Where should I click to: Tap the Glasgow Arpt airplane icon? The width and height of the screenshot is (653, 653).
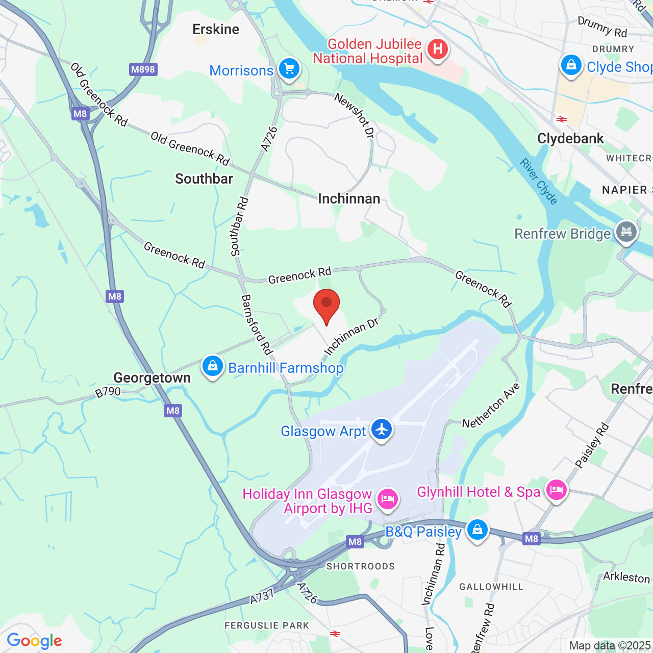(381, 430)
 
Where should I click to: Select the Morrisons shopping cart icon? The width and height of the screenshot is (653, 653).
(289, 68)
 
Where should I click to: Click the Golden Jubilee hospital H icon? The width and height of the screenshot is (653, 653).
(437, 50)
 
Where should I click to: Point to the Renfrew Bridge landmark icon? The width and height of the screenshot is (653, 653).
(626, 232)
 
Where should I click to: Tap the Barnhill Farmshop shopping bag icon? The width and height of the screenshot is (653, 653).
(213, 366)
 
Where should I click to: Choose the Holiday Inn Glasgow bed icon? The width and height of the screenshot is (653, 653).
(387, 498)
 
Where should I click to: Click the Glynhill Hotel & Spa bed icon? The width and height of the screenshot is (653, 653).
(556, 490)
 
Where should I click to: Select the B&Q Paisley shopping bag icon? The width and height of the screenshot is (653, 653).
(477, 530)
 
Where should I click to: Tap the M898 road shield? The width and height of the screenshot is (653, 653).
(143, 69)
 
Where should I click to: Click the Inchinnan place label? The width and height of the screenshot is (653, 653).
(349, 199)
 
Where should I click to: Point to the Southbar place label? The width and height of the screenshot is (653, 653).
(204, 179)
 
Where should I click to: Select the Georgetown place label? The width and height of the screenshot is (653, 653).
(152, 378)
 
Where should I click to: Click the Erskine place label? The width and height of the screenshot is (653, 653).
(216, 30)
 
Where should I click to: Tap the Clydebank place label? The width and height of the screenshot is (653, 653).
(570, 139)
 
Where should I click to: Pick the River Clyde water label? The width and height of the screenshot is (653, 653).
(538, 181)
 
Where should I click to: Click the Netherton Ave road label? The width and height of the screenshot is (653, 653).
(491, 406)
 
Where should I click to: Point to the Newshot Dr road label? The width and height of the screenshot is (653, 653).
(355, 115)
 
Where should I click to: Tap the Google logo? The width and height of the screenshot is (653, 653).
(34, 641)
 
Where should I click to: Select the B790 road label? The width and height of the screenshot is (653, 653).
(108, 392)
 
